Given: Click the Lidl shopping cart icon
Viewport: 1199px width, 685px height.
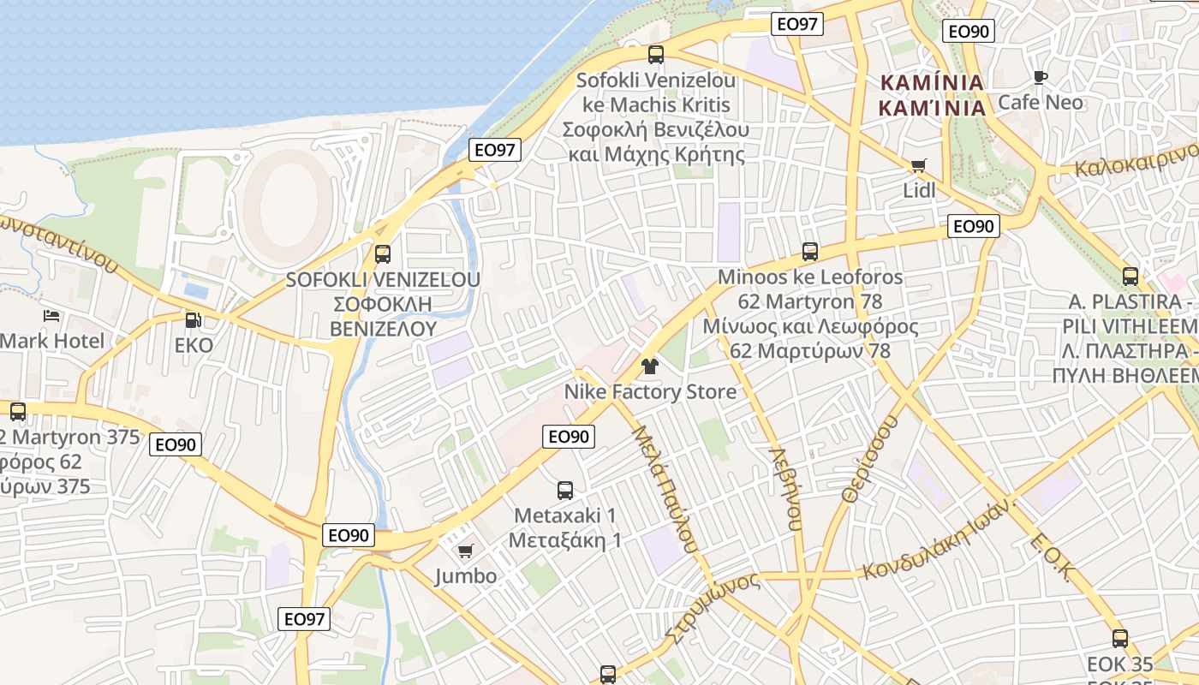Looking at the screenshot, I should pos(919,165).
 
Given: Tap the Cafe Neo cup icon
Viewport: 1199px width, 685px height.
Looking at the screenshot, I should pos(1041,78).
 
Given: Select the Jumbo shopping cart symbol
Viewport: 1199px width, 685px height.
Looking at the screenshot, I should pos(465,551).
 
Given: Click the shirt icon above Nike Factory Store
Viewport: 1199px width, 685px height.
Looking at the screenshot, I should pos(649,366).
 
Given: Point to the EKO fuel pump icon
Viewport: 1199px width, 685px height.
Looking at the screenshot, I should pos(194,320).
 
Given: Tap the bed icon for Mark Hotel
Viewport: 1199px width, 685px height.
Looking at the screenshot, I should pos(51,316).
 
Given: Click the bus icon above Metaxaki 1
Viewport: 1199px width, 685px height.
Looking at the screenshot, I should pos(565,491).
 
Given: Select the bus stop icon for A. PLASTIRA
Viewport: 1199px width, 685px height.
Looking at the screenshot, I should pos(1130,277).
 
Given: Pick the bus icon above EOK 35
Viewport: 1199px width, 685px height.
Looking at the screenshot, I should pos(1120,638).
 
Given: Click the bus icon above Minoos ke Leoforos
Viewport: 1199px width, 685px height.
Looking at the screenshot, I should pos(810,252).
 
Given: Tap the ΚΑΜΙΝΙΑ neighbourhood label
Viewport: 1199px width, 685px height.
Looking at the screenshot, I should pos(932,95).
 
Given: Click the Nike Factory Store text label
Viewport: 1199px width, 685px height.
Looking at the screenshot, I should pos(650,392).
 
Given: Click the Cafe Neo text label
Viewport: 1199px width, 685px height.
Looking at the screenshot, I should pos(1041,103).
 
